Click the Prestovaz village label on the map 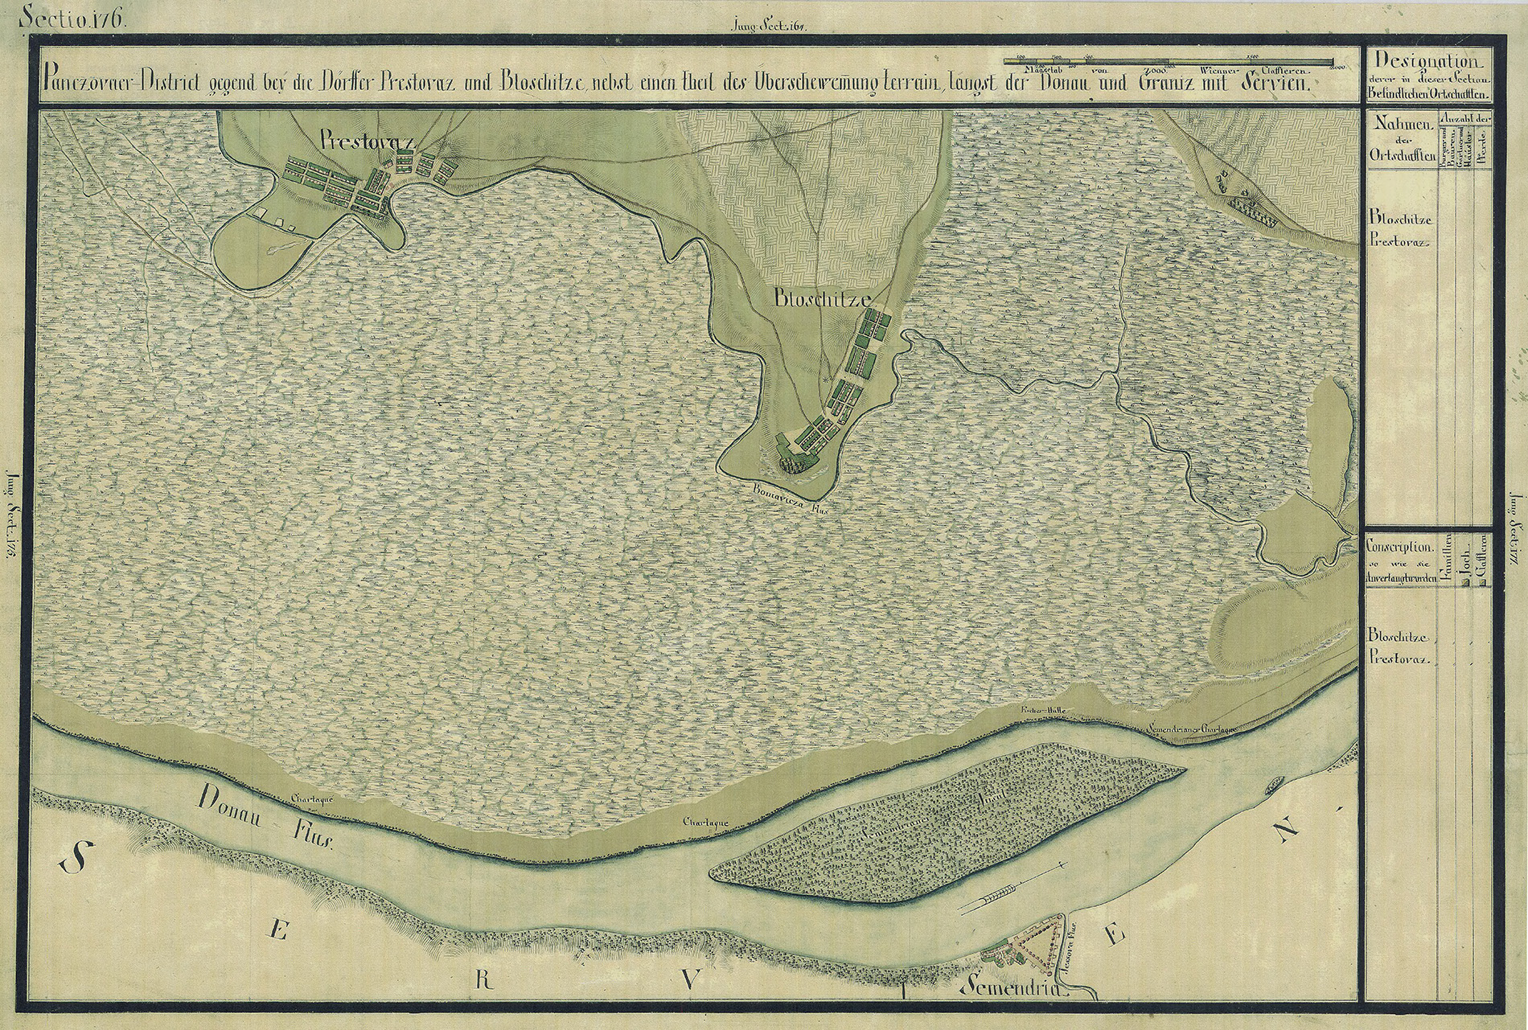pos(365,142)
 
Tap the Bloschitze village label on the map pos(820,298)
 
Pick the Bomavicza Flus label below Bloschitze pos(790,496)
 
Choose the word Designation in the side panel pos(1427,61)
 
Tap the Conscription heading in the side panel pos(1400,544)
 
